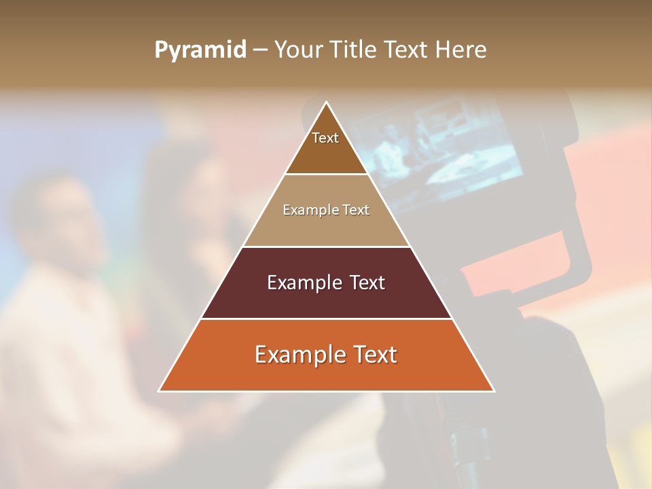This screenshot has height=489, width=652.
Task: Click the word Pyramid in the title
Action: click(x=200, y=50)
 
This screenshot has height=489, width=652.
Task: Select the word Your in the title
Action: click(x=297, y=50)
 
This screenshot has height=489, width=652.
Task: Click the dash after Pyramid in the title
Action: click(x=259, y=50)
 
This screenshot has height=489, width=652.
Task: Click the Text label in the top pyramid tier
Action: click(x=325, y=138)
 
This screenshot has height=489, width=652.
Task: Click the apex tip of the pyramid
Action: click(x=327, y=103)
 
